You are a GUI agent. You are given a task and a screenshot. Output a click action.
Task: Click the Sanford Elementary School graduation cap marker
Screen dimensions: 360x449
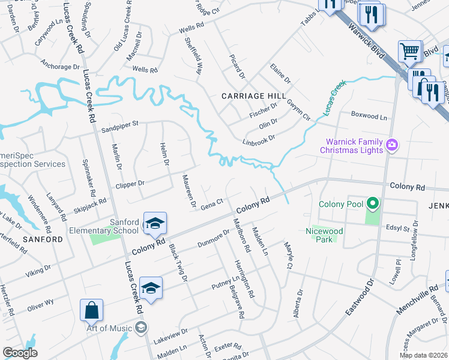(x=155, y=224)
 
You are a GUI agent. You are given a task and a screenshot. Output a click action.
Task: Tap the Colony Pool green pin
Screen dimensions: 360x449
(x=372, y=205)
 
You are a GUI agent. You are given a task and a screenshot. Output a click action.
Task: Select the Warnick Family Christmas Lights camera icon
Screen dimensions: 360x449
(x=392, y=144)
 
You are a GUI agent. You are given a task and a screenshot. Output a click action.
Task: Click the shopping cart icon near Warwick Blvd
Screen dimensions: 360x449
(x=410, y=52)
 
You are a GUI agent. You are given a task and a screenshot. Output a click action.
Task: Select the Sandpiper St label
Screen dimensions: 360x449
(x=119, y=124)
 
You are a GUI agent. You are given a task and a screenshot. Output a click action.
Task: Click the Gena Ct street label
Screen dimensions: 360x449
(x=212, y=203)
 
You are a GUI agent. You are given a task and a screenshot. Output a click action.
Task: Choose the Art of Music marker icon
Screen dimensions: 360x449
(x=140, y=327)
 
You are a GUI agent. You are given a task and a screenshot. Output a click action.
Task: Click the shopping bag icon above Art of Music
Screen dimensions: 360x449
(x=91, y=310)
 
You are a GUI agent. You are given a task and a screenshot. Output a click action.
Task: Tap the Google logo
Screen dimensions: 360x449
(x=20, y=353)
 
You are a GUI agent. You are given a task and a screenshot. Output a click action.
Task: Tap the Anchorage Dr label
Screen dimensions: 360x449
(x=60, y=66)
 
